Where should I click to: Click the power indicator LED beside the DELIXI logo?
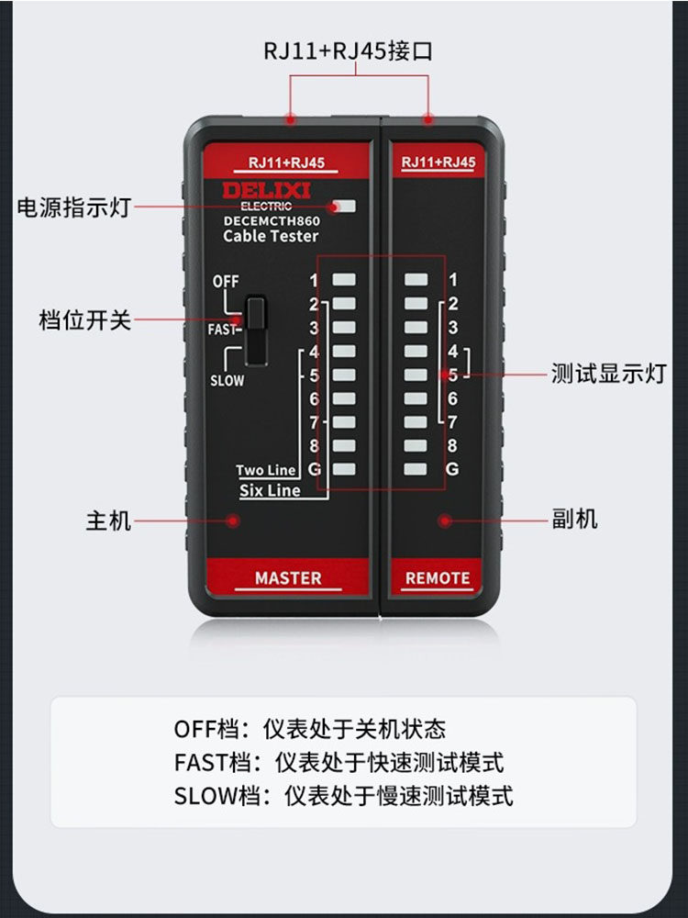pos(345,206)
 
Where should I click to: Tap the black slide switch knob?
pos(256,330)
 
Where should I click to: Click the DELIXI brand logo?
pos(266,190)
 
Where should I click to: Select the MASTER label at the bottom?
pos(288,578)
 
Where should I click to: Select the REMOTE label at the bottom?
pos(438,578)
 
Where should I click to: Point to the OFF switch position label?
pos(226,282)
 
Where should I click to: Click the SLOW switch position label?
pos(227,381)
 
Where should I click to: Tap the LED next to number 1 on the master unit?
pos(344,280)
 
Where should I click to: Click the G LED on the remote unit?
pos(416,469)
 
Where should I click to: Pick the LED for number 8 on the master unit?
pos(344,445)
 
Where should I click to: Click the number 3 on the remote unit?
pos(453,328)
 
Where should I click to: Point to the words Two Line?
pos(266,470)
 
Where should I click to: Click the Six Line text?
pos(270,490)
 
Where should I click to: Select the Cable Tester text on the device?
pos(271,236)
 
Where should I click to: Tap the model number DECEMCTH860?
pos(272,221)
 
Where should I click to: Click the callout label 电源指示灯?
pos(73,207)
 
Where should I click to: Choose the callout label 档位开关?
pos(84,320)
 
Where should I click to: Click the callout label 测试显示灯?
pos(608,374)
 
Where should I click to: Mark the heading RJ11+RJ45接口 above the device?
pos(348,50)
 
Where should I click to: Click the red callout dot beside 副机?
pos(445,521)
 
